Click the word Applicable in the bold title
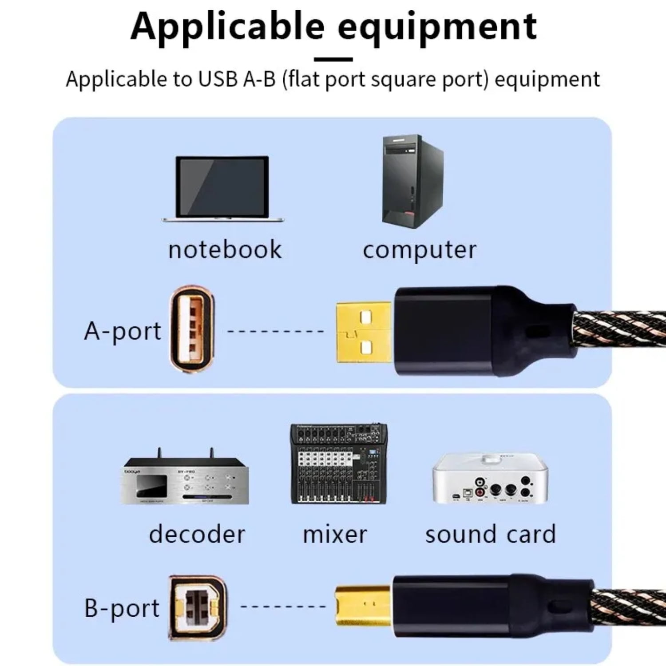(227, 27)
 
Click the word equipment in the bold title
(437, 28)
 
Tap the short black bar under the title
(333, 59)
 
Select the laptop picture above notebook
(222, 188)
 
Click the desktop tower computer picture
(412, 182)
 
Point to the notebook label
(225, 250)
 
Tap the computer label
(419, 250)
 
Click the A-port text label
(123, 331)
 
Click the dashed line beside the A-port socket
(276, 331)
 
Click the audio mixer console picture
(339, 464)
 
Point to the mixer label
(335, 534)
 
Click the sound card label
(490, 534)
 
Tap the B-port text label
(122, 608)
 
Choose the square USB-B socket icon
(197, 607)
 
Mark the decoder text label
(197, 534)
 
